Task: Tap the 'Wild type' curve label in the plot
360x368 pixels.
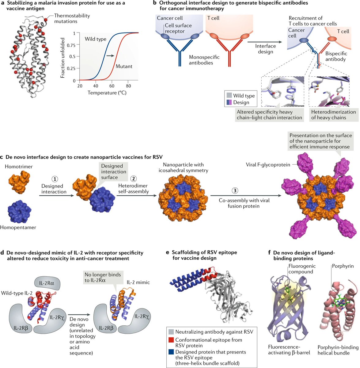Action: pyautogui.click(x=95, y=39)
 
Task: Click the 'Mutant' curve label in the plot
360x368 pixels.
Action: pyautogui.click(x=124, y=66)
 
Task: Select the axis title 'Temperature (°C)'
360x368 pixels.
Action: pyautogui.click(x=107, y=92)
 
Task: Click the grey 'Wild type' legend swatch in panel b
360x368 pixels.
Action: pyautogui.click(x=229, y=96)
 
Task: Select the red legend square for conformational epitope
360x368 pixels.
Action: pyautogui.click(x=171, y=340)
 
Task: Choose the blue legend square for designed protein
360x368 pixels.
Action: pyautogui.click(x=171, y=352)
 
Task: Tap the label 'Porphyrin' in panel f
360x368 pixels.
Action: pyautogui.click(x=343, y=266)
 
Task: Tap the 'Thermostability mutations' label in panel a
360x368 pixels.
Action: pyautogui.click(x=72, y=18)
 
